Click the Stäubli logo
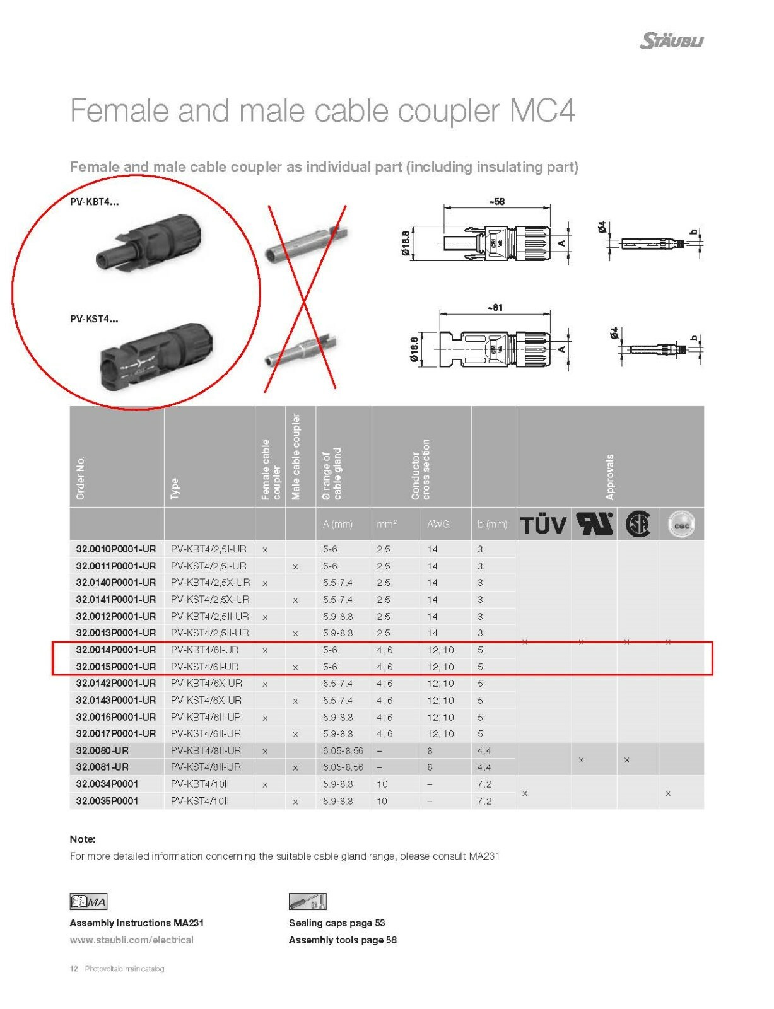point(671,41)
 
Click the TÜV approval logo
point(542,525)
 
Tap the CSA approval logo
point(637,524)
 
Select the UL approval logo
point(594,523)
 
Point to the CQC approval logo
point(681,524)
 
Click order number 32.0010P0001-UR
point(115,549)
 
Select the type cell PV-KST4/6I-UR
point(204,667)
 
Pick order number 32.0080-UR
point(102,750)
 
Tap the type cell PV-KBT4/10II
point(200,784)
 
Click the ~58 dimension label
point(496,202)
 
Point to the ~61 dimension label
point(495,307)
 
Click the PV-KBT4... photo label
point(94,202)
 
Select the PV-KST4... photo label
point(94,319)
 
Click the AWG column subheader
point(438,524)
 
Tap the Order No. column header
point(80,478)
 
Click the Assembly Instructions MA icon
point(88,901)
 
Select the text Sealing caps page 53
point(337,923)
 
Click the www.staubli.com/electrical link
point(131,940)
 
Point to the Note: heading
point(82,839)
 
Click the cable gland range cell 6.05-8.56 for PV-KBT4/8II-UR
point(343,750)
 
